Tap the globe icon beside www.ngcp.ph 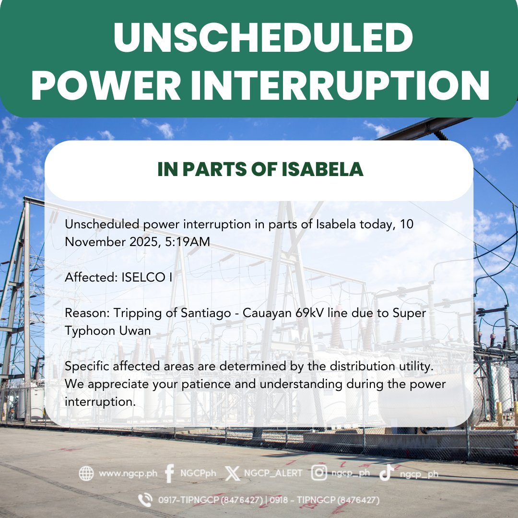(x=86, y=473)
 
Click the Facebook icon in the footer (x=169, y=473)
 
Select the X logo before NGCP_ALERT (x=232, y=473)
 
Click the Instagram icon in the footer (x=319, y=473)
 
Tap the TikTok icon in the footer (x=387, y=473)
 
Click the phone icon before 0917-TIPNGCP (x=145, y=500)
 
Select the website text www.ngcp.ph (x=128, y=473)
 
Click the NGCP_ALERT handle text (x=273, y=473)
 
